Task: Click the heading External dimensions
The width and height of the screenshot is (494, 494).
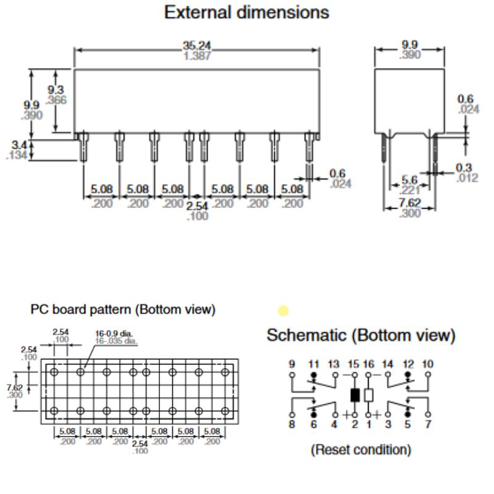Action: [246, 12]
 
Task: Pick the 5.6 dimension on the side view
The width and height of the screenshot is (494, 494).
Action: [409, 180]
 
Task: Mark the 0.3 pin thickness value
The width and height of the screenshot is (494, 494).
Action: [464, 168]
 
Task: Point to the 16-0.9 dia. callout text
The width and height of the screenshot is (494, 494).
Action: [116, 334]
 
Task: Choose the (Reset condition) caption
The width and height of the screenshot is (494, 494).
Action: [361, 450]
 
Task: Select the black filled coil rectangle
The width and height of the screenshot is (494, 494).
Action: [354, 395]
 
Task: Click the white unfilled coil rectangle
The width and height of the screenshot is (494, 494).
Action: [369, 395]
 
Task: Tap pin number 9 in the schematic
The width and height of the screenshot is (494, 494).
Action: [291, 364]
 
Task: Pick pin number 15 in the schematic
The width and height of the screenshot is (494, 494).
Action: [354, 364]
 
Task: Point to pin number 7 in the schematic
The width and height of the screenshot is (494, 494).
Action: [427, 424]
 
